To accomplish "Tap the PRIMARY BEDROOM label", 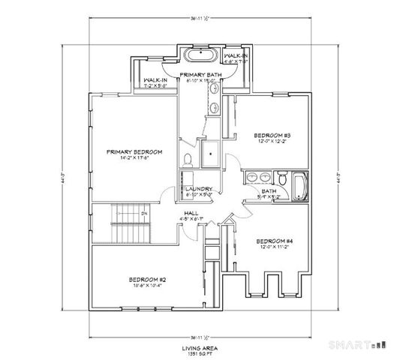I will click(134, 151).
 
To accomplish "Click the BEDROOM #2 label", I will click(146, 279).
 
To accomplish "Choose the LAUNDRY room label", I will click(199, 189).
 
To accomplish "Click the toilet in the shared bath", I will click(282, 179).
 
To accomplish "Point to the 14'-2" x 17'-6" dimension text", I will click(134, 158).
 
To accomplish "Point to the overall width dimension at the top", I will click(198, 16).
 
